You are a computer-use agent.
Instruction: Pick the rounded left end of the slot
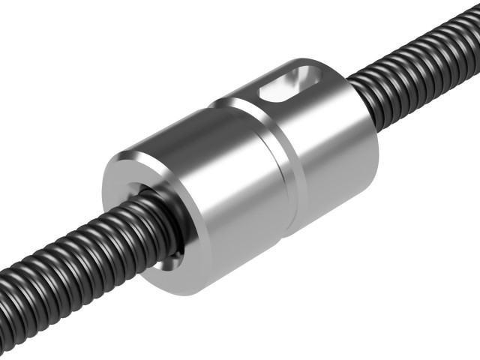click(x=264, y=96)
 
